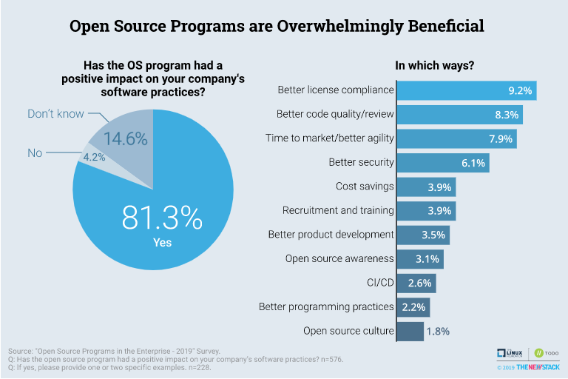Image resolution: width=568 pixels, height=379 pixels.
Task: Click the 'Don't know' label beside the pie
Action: tap(55, 114)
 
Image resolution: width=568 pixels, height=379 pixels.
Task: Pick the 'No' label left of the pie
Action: tap(35, 153)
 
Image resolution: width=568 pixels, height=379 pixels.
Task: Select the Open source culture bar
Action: tap(410, 331)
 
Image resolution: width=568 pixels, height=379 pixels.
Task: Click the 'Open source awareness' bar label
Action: tap(339, 258)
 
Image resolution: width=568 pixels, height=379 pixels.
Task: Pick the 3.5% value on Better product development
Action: tap(435, 235)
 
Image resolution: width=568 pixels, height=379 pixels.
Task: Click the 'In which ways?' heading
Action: tap(435, 65)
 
